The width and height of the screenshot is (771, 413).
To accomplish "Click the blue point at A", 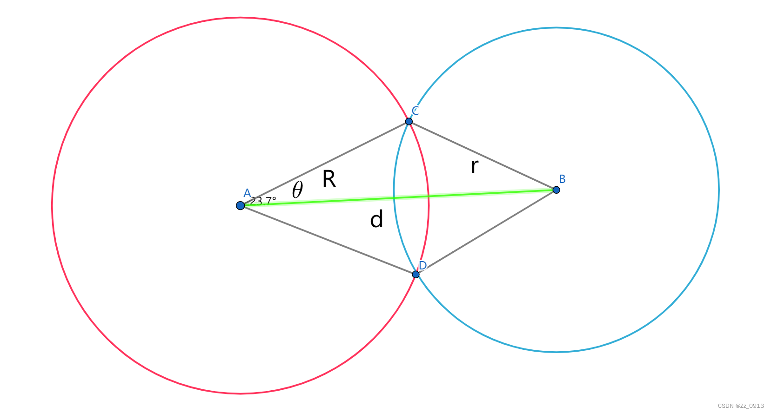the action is pos(240,205).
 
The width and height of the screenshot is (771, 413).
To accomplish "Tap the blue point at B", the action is pos(556,190).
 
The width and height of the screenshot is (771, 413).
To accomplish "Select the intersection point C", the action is pos(409,121).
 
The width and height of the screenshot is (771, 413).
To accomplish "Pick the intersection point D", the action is pos(416,274).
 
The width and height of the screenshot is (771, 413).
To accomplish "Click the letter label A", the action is pos(247,193).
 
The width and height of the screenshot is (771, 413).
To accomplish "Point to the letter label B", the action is pos(562,179).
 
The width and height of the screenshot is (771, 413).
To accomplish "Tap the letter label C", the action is pos(416,111).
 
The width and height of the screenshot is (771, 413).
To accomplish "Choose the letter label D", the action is pos(422,265).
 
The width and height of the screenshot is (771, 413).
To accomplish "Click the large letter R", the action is pos(329,179).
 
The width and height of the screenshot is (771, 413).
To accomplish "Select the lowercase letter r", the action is pos(474,166).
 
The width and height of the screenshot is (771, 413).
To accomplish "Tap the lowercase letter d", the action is pos(376,219).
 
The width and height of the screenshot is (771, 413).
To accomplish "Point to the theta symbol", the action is pos(297,190).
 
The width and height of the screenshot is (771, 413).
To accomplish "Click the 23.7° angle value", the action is pos(263,201).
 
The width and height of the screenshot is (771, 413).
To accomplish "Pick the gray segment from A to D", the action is pos(326,239).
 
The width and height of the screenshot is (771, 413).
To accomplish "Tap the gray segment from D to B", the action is pos(486,232).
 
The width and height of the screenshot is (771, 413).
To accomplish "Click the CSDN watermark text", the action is pos(741,406).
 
